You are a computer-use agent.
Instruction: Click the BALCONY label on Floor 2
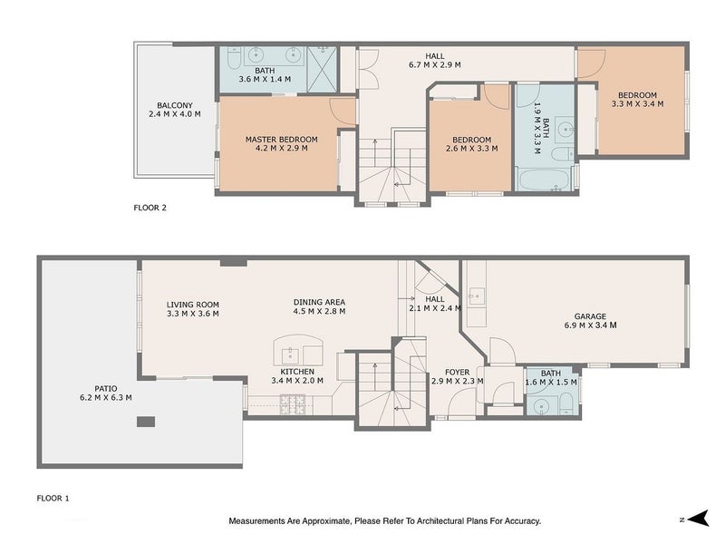pos(172,104)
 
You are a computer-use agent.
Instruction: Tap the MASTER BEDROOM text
pos(282,139)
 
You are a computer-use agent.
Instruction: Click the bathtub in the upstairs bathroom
pos(543,177)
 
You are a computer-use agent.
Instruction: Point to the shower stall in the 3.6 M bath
pos(321,68)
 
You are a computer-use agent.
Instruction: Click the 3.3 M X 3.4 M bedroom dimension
pos(638,103)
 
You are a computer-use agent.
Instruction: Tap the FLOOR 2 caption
pos(150,208)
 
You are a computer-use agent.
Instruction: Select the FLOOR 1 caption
pos(53,498)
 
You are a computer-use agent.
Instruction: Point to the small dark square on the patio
pos(145,422)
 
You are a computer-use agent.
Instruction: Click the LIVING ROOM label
pos(192,305)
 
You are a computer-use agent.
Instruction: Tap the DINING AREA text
pos(319,302)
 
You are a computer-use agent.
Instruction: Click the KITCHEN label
pos(297,372)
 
